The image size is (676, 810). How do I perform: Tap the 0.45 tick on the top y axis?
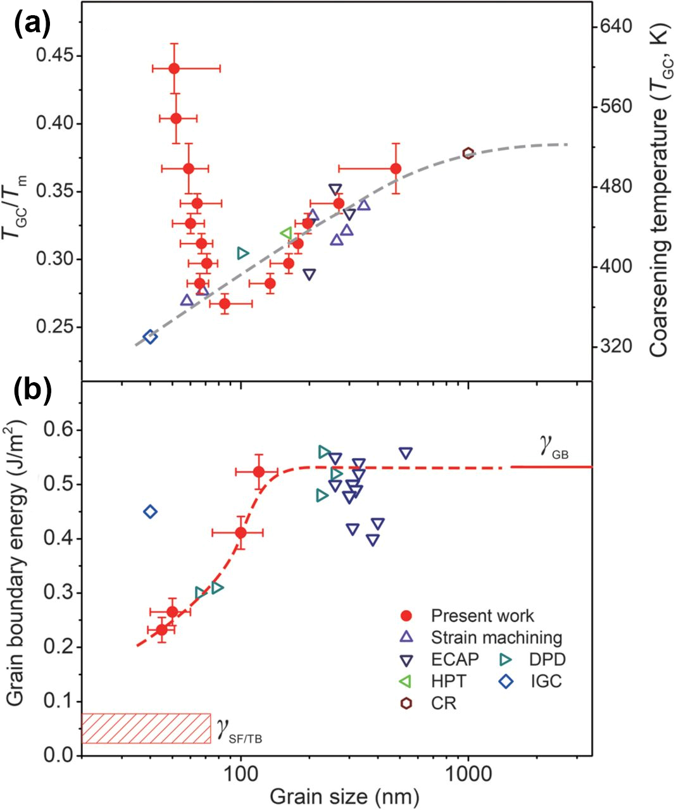[x=56, y=56]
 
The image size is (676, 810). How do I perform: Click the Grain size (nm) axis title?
[x=344, y=796]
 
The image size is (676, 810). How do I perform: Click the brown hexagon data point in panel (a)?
[x=468, y=153]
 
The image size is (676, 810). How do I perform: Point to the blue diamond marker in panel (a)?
[x=150, y=337]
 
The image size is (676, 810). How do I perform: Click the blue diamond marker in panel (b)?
[x=150, y=511]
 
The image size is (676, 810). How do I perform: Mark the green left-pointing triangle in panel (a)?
[x=286, y=234]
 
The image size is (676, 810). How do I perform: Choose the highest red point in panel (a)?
[x=174, y=68]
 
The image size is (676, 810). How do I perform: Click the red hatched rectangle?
[x=146, y=728]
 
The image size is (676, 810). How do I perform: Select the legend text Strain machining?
[x=497, y=637]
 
